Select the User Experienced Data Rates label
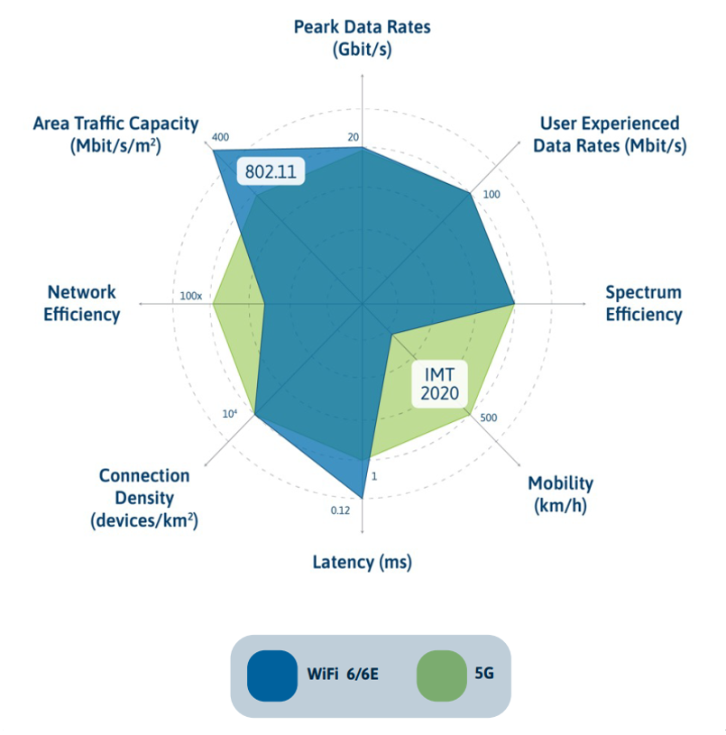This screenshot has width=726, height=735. [x=609, y=133]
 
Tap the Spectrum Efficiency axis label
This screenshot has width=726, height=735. [x=643, y=303]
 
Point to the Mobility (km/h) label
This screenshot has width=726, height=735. [x=560, y=493]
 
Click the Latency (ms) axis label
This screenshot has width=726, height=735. [x=362, y=562]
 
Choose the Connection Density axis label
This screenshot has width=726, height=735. [x=144, y=498]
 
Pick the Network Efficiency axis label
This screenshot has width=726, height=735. [x=82, y=303]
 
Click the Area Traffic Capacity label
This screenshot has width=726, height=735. [x=115, y=134]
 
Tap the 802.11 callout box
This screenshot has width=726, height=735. [x=271, y=171]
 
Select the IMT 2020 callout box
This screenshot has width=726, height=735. [x=440, y=381]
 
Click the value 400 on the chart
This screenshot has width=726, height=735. [x=220, y=138]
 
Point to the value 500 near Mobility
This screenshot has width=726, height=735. [x=489, y=418]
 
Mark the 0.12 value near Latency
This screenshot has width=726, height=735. [x=340, y=510]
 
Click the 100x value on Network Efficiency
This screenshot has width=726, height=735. [x=190, y=296]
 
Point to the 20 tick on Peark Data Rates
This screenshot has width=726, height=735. [x=354, y=138]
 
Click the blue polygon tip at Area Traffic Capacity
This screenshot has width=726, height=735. [x=215, y=151]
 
